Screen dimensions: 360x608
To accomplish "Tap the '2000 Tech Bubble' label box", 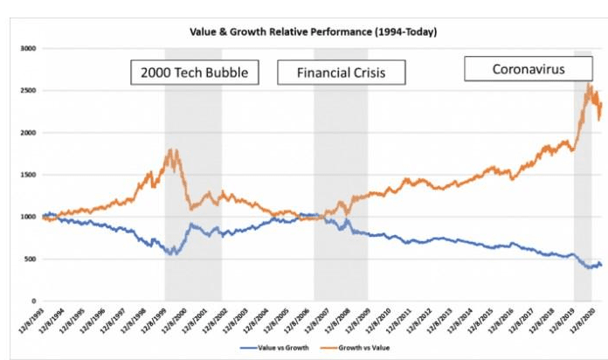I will pos(196,72).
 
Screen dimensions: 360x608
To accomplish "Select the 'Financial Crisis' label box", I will pos(342,72).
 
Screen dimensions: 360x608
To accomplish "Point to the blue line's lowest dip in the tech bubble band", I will pos(174,254).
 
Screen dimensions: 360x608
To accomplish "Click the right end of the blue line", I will pos(601,266).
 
